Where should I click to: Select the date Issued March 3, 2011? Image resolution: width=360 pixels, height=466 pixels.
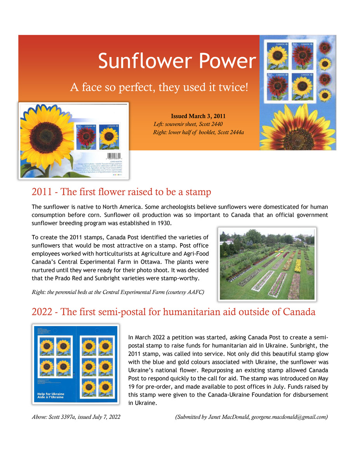pos(198,116)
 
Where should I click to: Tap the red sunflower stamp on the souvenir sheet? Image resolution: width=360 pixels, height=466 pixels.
pos(87,137)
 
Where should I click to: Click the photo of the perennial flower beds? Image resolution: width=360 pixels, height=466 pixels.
pos(267,264)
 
